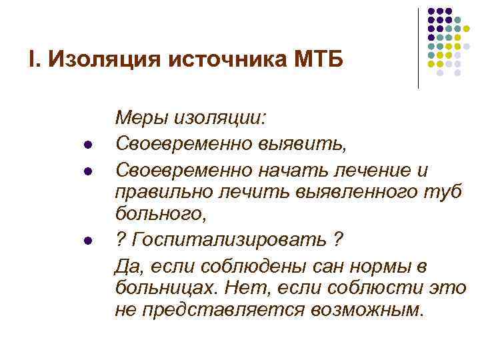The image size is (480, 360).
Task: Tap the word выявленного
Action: coord(351,192)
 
